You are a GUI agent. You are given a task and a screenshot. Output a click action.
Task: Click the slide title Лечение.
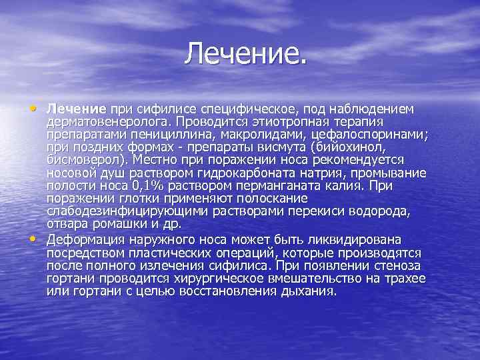(x=247, y=53)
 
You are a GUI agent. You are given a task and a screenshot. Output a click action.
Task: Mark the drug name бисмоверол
(x=87, y=161)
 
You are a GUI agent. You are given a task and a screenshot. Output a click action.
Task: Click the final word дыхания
(x=313, y=291)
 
